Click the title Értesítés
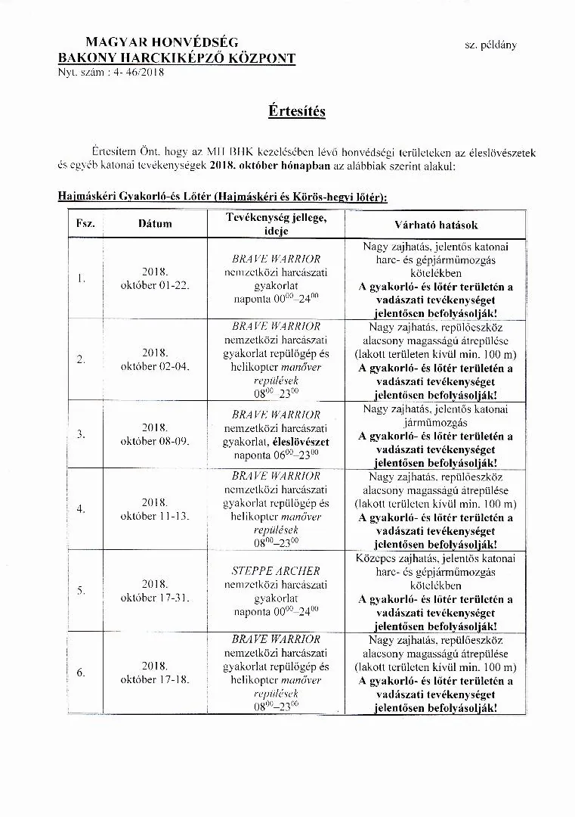[x=296, y=111]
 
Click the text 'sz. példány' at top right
[x=490, y=45]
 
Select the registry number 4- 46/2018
[x=137, y=73]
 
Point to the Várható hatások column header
[x=436, y=225]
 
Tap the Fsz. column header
[x=81, y=224]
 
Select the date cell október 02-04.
[x=154, y=366]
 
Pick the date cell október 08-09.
[x=154, y=440]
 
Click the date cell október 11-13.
[x=154, y=516]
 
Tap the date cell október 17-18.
[x=154, y=679]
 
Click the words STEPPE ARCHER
[x=276, y=570]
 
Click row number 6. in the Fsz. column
[x=81, y=672]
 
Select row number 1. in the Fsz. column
[x=81, y=278]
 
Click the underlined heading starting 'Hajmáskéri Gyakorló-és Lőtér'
[x=223, y=197]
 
